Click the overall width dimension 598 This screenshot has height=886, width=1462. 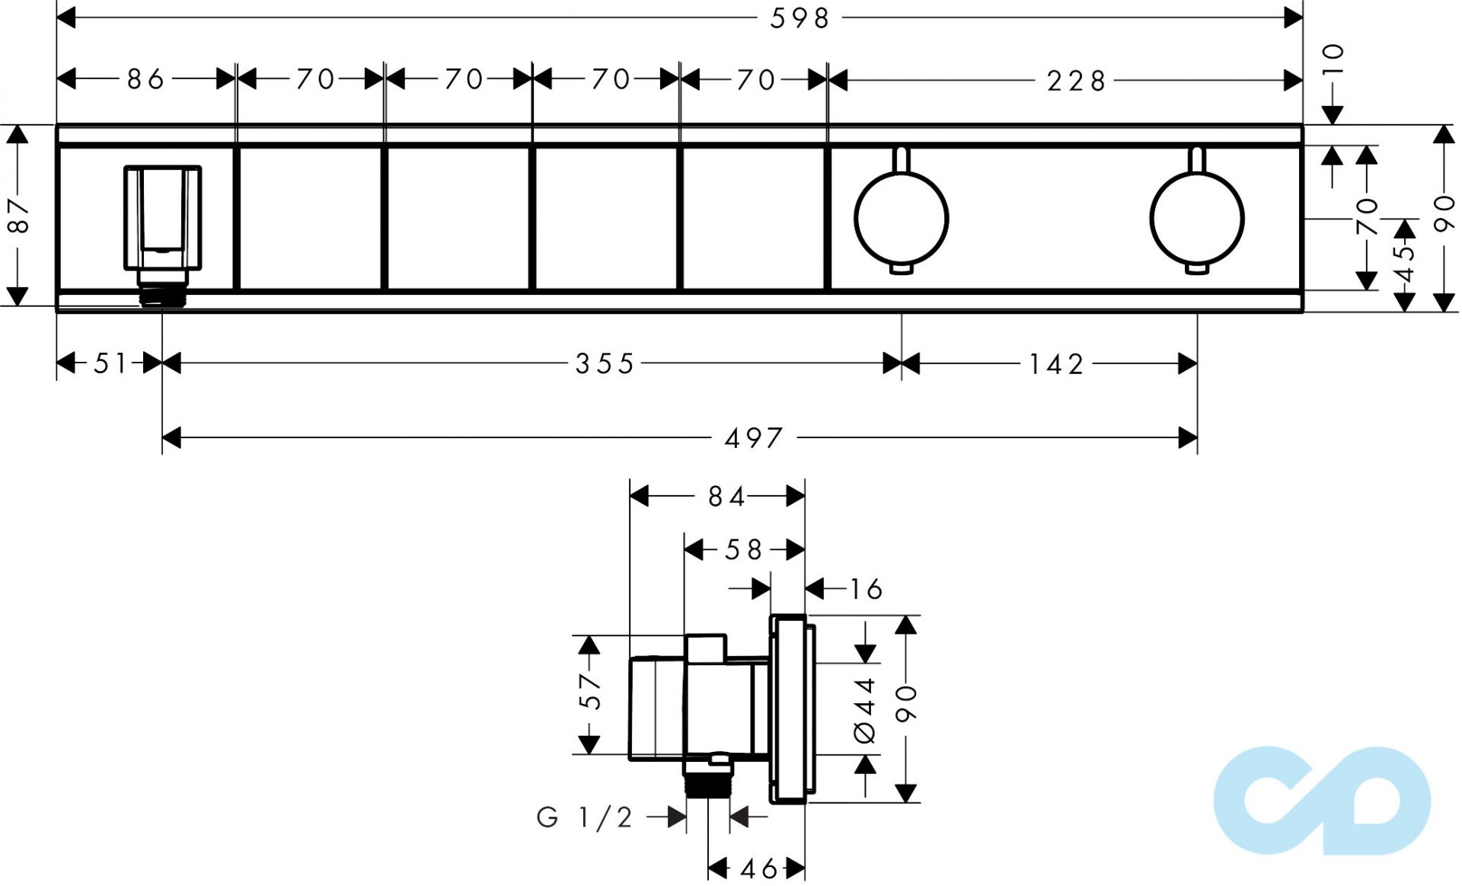coord(799,18)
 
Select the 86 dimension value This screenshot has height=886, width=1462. coord(145,79)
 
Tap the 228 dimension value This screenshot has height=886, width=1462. coord(1075,81)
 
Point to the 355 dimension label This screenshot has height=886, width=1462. coord(605,364)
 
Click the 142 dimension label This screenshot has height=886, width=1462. coord(1056,364)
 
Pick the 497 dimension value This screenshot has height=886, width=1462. coord(754,438)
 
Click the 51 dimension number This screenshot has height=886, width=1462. coord(111,364)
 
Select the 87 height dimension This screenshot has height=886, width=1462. coord(18,216)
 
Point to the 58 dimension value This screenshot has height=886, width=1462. coord(743,549)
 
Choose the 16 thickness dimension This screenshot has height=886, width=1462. coord(866,589)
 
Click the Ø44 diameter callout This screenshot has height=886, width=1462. coord(866,710)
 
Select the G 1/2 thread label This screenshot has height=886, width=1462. coord(585,817)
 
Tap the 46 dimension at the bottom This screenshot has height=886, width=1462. coord(759,868)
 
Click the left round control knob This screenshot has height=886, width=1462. coord(902,219)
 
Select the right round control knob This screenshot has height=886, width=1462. coord(1196,219)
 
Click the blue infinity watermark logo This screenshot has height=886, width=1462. coord(1322,800)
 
